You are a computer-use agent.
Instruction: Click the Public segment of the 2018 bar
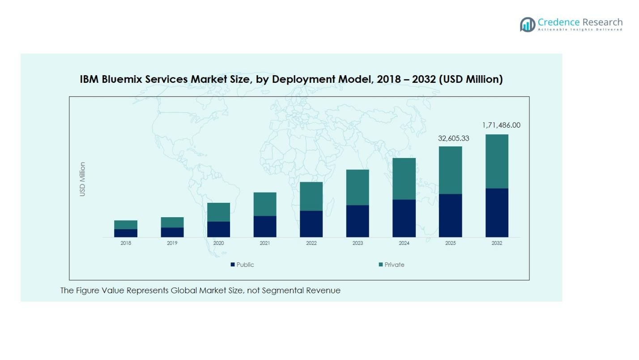point(126,233)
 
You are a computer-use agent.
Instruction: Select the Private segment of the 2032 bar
point(497,161)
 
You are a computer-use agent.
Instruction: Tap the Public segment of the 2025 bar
point(450,215)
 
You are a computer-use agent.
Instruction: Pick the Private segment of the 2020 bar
point(218,212)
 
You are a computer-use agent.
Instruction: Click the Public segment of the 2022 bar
point(311,224)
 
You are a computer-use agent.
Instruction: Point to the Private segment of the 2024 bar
point(404,179)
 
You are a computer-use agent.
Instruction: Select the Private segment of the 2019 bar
point(172,222)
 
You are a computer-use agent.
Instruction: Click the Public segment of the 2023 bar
point(358,221)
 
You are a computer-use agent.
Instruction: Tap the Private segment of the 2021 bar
point(265,204)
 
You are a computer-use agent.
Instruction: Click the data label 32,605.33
point(453,138)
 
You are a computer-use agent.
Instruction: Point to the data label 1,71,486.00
point(501,125)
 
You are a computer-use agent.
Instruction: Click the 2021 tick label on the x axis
point(265,243)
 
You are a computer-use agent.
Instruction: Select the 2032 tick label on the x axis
point(497,243)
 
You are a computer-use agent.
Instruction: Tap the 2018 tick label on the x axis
point(126,243)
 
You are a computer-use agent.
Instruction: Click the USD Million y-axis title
point(82,179)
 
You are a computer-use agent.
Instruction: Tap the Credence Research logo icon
point(528,24)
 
